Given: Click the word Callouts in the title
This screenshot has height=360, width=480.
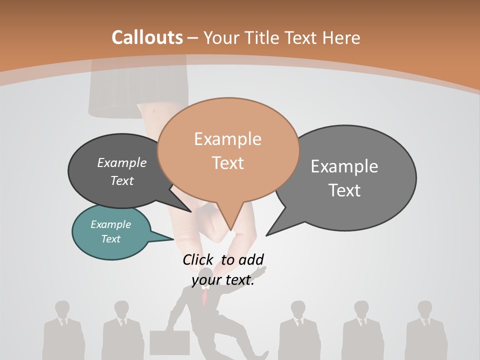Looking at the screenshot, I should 147,37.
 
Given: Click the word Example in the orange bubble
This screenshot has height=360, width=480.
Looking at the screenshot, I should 227,139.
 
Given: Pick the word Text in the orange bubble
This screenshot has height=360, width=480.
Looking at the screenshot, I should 227,163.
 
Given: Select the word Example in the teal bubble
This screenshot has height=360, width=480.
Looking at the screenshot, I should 110,224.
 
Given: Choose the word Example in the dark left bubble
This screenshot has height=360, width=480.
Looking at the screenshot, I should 121,162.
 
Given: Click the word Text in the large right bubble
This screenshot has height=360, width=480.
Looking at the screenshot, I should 344,190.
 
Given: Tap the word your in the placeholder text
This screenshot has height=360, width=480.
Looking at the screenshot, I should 205,280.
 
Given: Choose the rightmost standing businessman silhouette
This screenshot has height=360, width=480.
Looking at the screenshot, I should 425,330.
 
